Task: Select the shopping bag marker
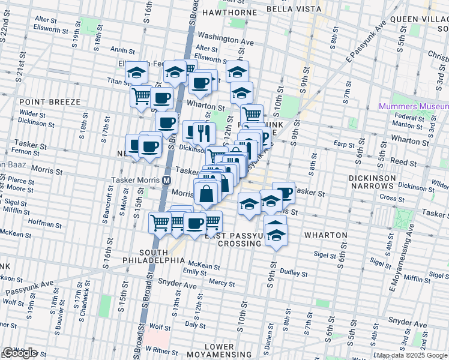click(206, 194)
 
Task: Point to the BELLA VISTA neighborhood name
click(291, 10)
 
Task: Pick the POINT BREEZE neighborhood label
click(46, 103)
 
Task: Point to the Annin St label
click(122, 50)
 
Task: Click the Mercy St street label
click(222, 282)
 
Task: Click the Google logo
click(20, 353)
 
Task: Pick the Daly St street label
click(196, 325)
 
